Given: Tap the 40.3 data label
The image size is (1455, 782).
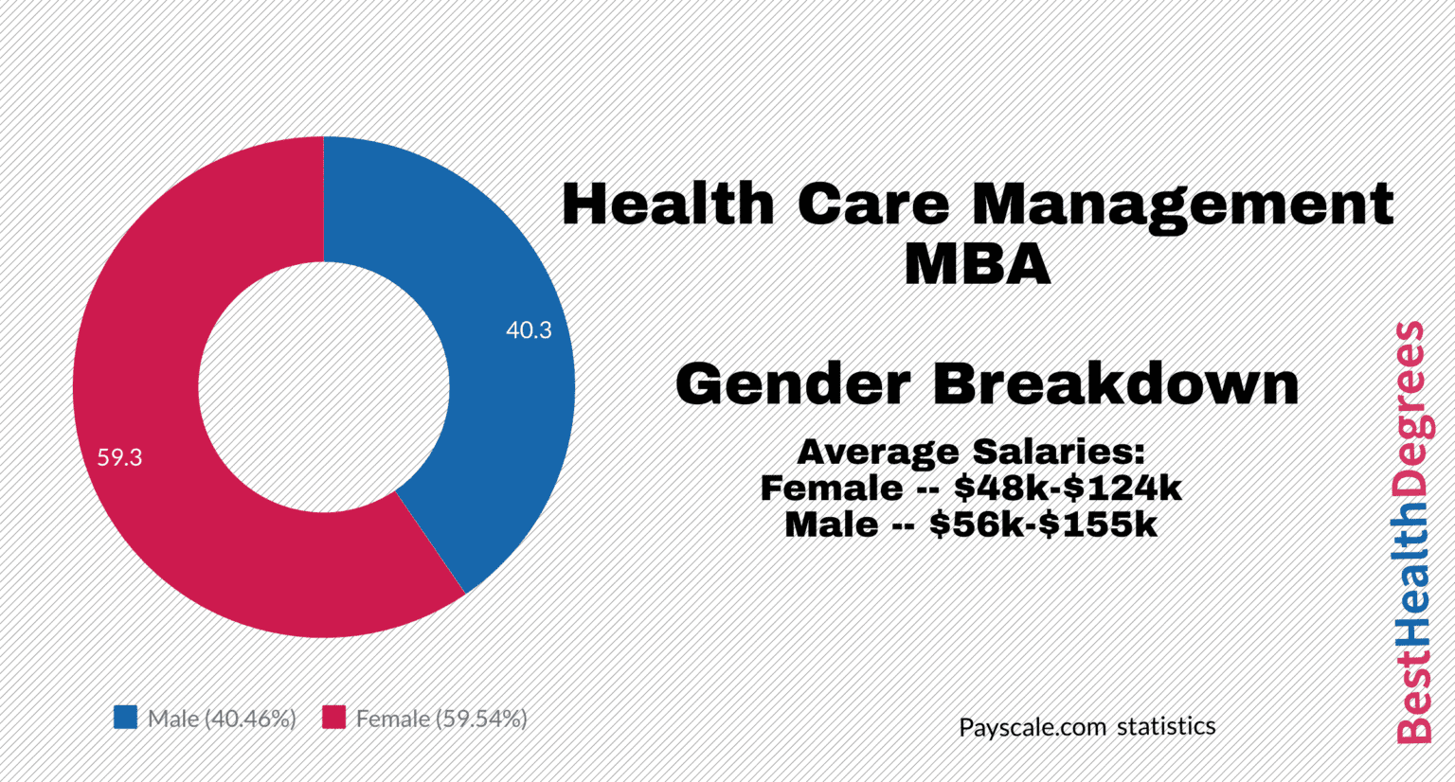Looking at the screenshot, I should point(529,330).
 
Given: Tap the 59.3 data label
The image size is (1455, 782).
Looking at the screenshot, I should point(119,457).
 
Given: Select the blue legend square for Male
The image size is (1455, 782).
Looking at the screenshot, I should point(125,718).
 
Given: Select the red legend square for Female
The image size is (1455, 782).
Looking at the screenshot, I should point(333,718).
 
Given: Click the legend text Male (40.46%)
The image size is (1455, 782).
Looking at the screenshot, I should point(222,719).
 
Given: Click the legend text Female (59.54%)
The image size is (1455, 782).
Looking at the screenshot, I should point(441,719).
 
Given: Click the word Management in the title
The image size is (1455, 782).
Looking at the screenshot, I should point(1182,205).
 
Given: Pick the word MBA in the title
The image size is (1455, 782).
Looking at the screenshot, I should point(977,264).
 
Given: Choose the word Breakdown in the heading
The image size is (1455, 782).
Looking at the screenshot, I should point(1115,383).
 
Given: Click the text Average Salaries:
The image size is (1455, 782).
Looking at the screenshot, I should point(971,452).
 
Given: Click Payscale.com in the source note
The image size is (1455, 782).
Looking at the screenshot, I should point(1033,727).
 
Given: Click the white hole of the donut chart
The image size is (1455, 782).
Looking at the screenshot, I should point(324,387).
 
